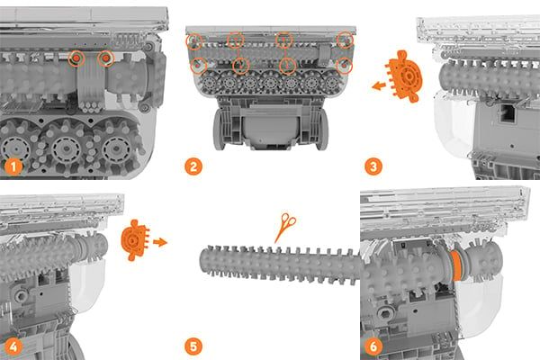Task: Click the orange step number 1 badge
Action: tap(13, 166)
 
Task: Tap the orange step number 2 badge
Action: tap(193, 166)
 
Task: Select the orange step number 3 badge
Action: tap(373, 166)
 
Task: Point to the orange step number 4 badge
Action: tap(13, 346)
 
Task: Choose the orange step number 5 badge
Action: tap(193, 346)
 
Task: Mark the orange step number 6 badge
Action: tap(373, 346)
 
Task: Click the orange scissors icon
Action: tap(285, 228)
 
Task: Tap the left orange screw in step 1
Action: tap(76, 58)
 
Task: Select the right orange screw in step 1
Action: tap(106, 58)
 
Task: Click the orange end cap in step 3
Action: tap(404, 76)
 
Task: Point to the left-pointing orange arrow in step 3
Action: tap(379, 85)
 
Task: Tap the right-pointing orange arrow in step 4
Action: tap(160, 242)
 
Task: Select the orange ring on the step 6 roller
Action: tap(456, 265)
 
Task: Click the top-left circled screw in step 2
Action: tap(194, 41)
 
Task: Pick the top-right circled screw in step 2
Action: tap(345, 40)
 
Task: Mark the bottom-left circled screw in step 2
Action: tap(198, 66)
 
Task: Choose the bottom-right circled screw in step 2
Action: tap(345, 66)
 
